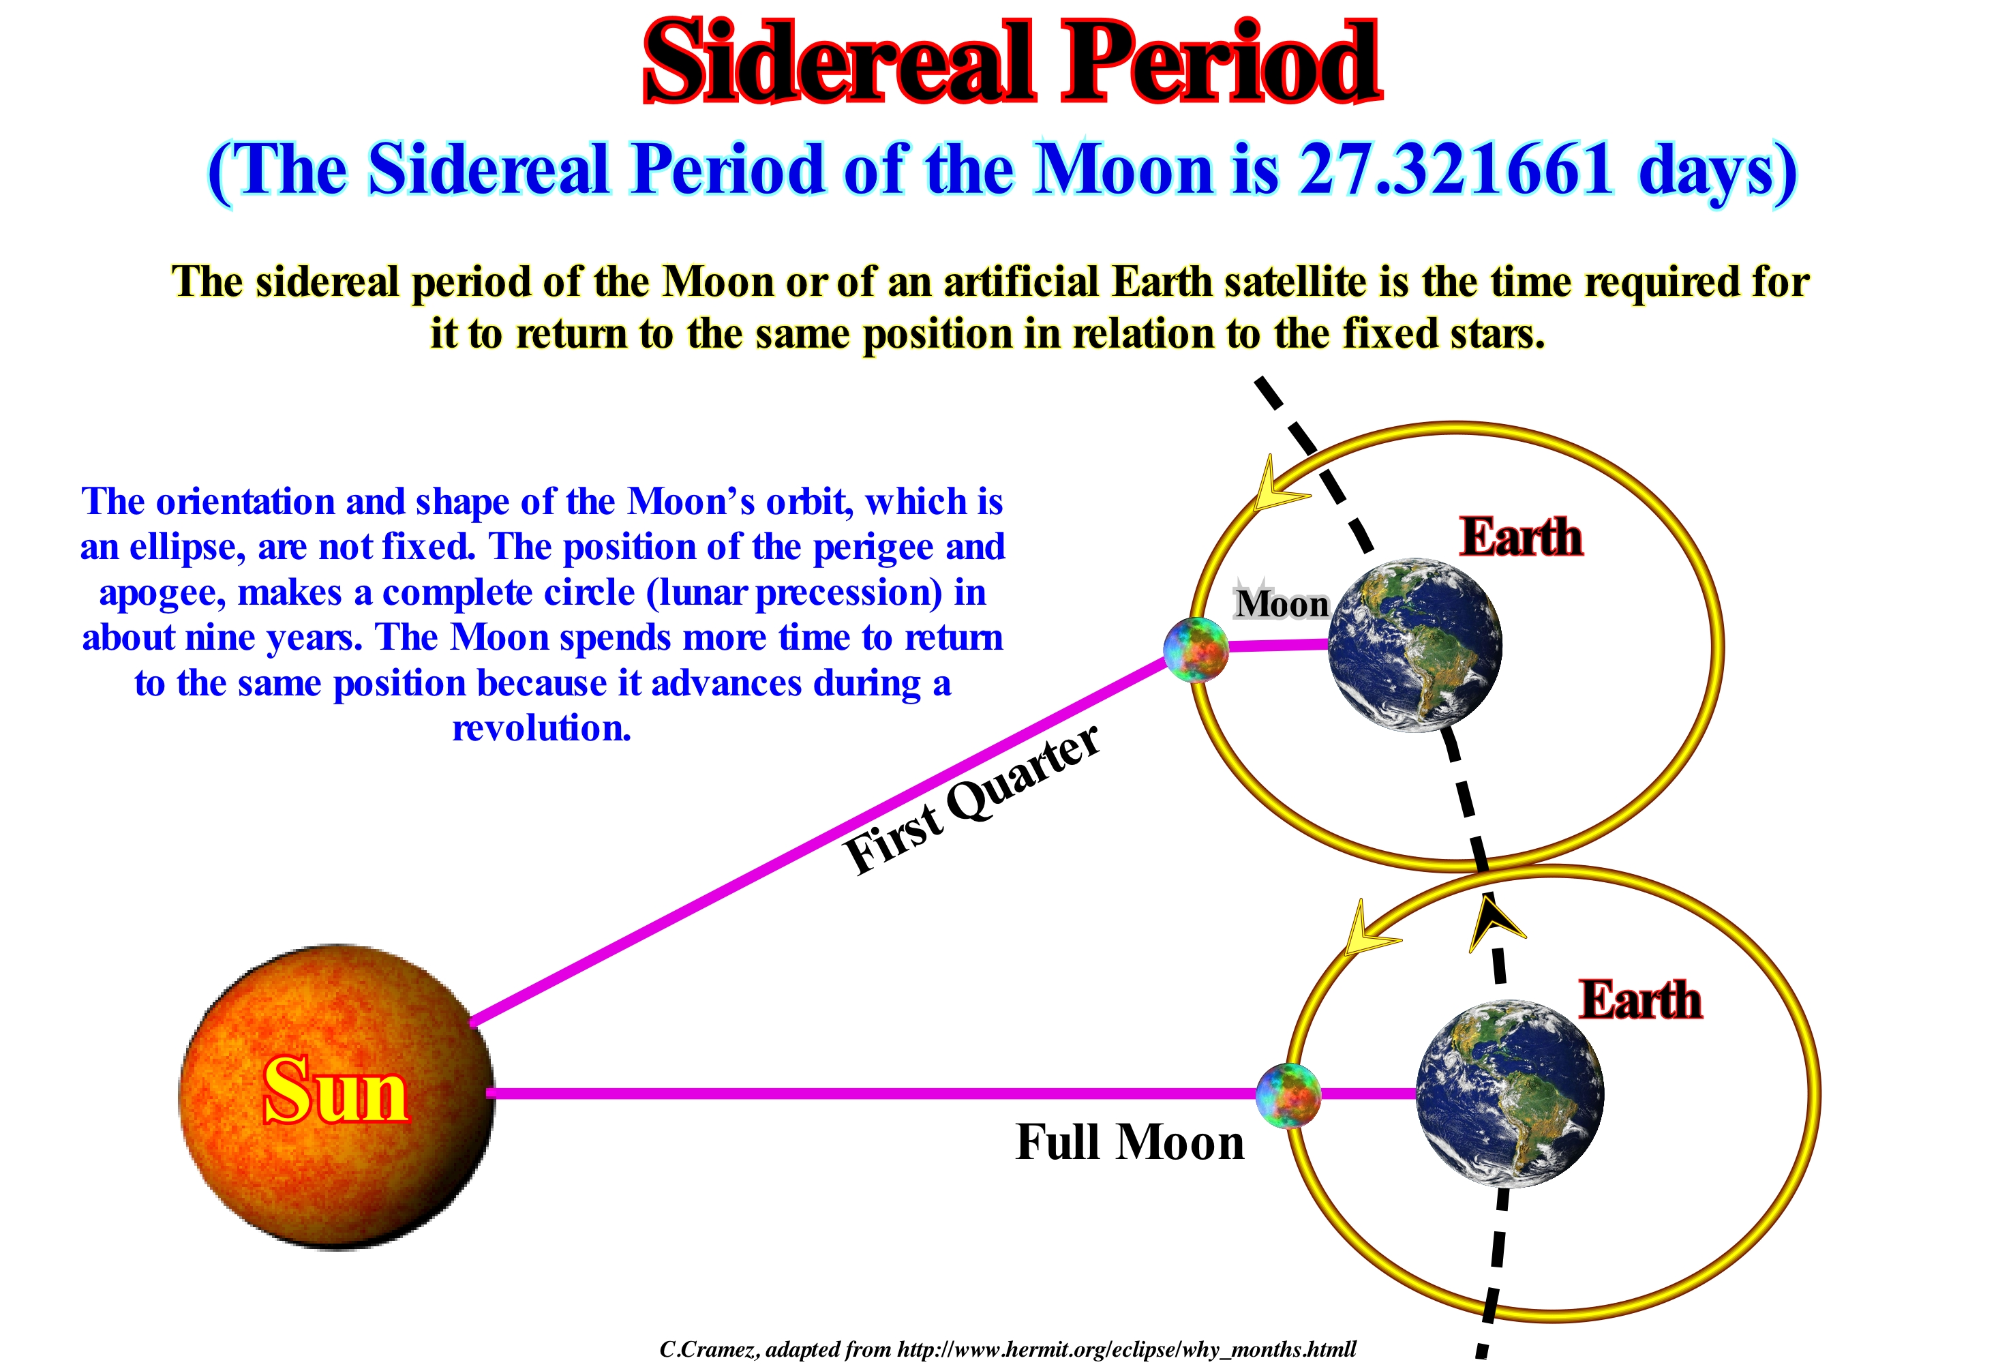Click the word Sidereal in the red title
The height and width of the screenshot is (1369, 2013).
coord(838,63)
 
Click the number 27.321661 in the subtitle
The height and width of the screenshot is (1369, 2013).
coord(1455,168)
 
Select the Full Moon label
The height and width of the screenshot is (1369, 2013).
coord(1130,1141)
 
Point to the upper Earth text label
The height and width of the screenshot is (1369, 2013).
coord(1521,537)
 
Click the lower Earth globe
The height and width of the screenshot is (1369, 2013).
coord(1510,1094)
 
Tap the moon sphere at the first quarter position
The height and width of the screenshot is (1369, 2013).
coord(1196,650)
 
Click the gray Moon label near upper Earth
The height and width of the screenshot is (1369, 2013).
coord(1282,603)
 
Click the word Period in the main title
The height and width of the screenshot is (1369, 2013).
coord(1222,63)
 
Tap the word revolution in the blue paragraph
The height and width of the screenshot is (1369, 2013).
coord(541,728)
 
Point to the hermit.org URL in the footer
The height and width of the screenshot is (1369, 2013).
coord(1127,1349)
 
